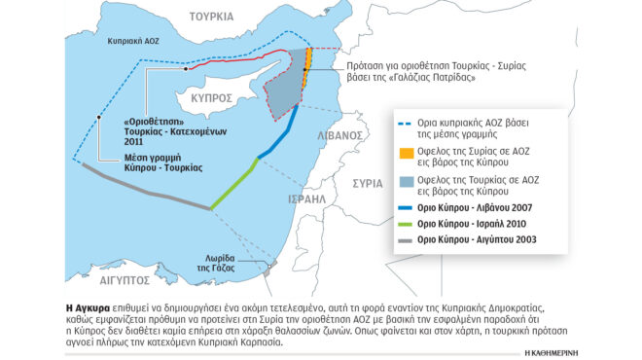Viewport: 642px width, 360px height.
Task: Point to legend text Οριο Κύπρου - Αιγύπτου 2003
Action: pos(479,238)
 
